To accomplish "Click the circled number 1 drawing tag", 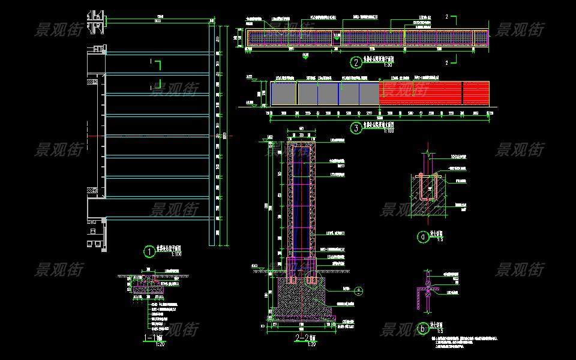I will click(x=148, y=251).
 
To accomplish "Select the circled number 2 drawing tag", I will click(x=356, y=62).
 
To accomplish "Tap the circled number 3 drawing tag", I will click(x=356, y=127).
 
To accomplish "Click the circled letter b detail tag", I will click(x=423, y=328).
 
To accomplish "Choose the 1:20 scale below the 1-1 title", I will click(x=160, y=344).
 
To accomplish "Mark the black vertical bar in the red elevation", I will click(x=462, y=94).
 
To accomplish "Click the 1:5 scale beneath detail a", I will click(x=439, y=240).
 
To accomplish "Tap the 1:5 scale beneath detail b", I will click(x=439, y=331).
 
